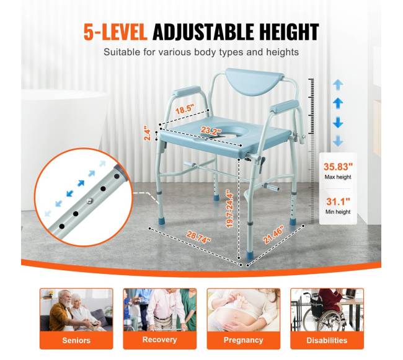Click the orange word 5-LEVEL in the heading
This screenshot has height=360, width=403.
(x=115, y=32)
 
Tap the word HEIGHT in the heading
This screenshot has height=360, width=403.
(x=289, y=32)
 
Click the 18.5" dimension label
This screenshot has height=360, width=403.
(x=184, y=109)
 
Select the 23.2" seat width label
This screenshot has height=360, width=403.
(x=211, y=131)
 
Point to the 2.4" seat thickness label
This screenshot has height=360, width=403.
(x=147, y=133)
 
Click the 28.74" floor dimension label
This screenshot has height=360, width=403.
(x=198, y=237)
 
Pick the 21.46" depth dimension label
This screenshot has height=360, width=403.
(x=273, y=234)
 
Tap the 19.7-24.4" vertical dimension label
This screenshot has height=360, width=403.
(x=229, y=208)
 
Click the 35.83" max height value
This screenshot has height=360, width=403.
(x=338, y=167)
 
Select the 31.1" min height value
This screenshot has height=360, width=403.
(x=338, y=201)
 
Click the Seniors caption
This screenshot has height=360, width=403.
(x=76, y=341)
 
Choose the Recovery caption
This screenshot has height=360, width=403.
(x=159, y=340)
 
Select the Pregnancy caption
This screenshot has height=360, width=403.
(x=244, y=340)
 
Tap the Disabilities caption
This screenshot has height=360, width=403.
(x=327, y=341)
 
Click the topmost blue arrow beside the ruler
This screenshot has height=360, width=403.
(x=338, y=84)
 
